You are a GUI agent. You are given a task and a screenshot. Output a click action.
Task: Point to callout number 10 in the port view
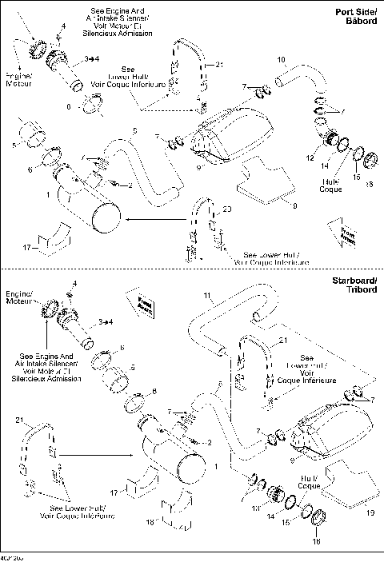(281, 61)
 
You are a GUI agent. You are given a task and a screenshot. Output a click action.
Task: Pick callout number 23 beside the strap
(227, 209)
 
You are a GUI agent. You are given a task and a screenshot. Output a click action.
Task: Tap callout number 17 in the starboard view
(114, 493)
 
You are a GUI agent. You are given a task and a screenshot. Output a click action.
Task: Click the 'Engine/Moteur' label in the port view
(18, 78)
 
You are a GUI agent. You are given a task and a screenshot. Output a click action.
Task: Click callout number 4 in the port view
(64, 26)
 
